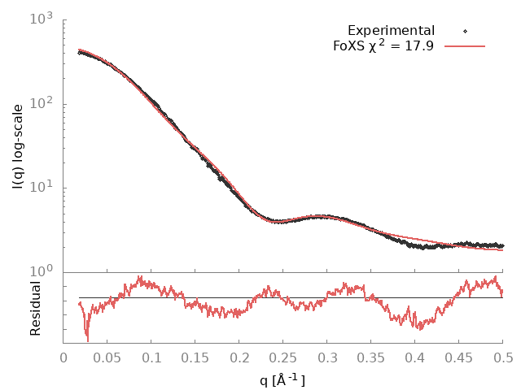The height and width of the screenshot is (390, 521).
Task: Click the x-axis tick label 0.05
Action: click(107, 356)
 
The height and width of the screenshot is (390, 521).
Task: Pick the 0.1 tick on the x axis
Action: click(151, 356)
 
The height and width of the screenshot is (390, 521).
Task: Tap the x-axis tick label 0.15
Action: click(195, 356)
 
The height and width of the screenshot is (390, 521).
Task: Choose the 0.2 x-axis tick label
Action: click(239, 356)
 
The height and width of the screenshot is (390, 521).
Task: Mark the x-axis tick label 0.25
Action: click(283, 356)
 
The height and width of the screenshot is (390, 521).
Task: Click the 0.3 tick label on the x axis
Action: click(327, 356)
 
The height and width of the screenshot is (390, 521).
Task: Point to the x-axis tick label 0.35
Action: click(371, 356)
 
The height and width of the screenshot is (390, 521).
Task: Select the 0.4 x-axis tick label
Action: click(415, 356)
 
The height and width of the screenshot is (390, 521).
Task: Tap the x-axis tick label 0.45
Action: click(459, 356)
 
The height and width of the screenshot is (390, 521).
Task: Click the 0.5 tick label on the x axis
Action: click(502, 356)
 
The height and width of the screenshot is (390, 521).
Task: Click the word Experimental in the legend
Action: click(391, 31)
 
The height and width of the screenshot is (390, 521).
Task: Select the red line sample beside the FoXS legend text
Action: click(465, 46)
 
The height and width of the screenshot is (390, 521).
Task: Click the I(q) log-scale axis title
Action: click(18, 146)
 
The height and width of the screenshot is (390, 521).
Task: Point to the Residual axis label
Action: click(36, 309)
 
